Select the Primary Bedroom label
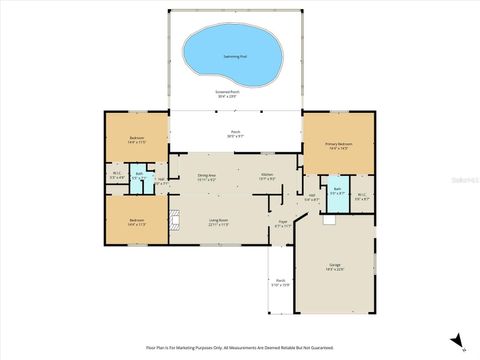[x=339, y=146]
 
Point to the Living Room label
[x=219, y=222]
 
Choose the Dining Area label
[x=207, y=177]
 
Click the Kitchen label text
[x=267, y=177]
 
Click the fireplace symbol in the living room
[x=175, y=222]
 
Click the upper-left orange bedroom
[x=137, y=140]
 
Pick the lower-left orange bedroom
[x=137, y=221]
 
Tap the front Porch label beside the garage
[x=281, y=283]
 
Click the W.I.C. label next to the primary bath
[x=361, y=197]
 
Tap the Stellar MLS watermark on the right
[x=466, y=181]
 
